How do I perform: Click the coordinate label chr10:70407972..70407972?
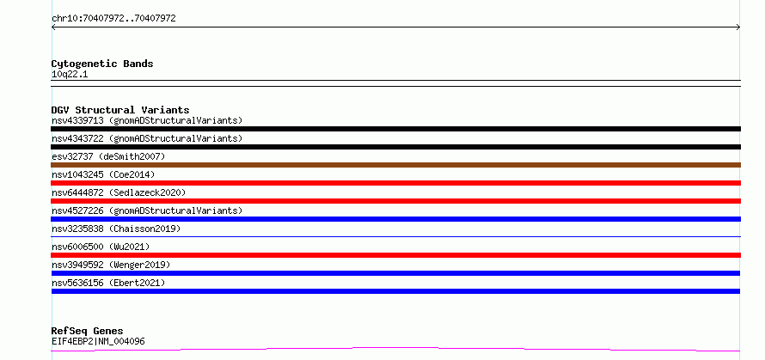click(113, 19)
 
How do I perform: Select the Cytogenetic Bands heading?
click(102, 64)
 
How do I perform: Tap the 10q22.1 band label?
click(70, 75)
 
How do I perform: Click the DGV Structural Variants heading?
click(120, 110)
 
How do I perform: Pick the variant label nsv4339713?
click(77, 120)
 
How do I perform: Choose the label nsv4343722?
click(77, 138)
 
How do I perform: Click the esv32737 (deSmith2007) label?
click(108, 156)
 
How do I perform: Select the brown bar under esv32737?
click(395, 165)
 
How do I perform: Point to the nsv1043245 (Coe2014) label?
click(103, 174)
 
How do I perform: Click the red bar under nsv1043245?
click(395, 183)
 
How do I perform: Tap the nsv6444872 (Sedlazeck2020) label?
click(119, 192)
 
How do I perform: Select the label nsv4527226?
click(77, 211)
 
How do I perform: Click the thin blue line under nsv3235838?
click(395, 237)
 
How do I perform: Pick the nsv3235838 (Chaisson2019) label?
click(116, 229)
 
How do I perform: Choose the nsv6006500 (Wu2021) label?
click(101, 247)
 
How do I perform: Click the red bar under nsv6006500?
click(395, 255)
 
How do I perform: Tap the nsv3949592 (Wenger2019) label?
click(111, 265)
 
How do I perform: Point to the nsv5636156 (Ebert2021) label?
click(108, 283)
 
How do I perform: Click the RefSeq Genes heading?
click(88, 332)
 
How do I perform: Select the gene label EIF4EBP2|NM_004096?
click(98, 342)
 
